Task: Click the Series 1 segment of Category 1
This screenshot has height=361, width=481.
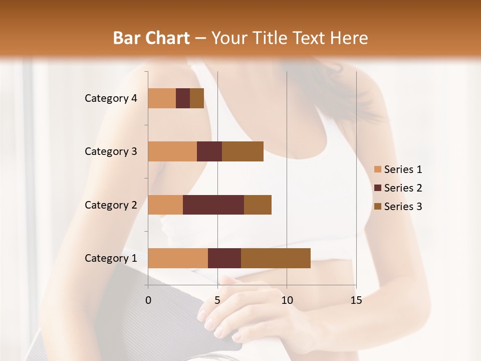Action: [178, 258]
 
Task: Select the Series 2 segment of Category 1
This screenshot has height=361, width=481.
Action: [224, 258]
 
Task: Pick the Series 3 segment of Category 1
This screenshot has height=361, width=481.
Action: [276, 258]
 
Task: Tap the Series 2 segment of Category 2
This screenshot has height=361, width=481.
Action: [213, 205]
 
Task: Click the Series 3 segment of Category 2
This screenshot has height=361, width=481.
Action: [258, 205]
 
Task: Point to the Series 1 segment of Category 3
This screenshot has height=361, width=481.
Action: [172, 151]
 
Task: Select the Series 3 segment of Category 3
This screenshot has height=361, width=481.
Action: [243, 151]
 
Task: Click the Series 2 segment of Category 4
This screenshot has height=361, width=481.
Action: [183, 98]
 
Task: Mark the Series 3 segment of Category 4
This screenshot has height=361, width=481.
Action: [197, 98]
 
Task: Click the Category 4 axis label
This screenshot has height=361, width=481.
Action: [111, 98]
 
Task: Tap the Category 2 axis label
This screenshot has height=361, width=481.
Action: [111, 205]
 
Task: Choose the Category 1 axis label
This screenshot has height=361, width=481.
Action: [111, 258]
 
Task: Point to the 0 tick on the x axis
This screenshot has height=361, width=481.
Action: [148, 300]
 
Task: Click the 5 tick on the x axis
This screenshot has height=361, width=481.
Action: [217, 300]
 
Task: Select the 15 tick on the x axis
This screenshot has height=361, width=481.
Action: [356, 300]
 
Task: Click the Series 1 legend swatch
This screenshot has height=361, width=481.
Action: [377, 169]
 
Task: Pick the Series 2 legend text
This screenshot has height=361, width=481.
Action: [403, 188]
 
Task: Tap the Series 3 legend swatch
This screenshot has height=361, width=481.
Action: [377, 207]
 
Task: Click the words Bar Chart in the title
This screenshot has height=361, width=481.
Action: [151, 38]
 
